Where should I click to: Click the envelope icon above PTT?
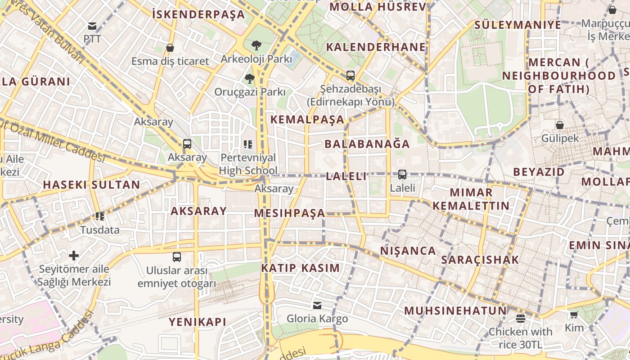pyautogui.click(x=92, y=26)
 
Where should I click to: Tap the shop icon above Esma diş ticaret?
pyautogui.click(x=170, y=48)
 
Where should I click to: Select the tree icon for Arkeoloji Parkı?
pyautogui.click(x=256, y=45)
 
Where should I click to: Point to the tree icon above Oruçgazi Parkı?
pyautogui.click(x=249, y=79)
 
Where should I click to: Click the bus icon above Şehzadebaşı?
pyautogui.click(x=350, y=76)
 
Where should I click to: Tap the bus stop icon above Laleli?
pyautogui.click(x=402, y=174)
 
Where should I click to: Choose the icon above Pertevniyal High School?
pyautogui.click(x=248, y=144)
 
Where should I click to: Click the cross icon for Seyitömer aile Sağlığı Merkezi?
pyautogui.click(x=74, y=256)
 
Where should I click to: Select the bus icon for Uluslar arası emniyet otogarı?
pyautogui.click(x=177, y=257)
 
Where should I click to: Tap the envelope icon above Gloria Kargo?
pyautogui.click(x=317, y=306)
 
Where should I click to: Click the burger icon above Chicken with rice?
pyautogui.click(x=521, y=319)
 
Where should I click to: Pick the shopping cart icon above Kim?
pyautogui.click(x=574, y=315)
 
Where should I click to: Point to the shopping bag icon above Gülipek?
pyautogui.click(x=560, y=125)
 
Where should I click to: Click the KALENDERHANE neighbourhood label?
pyautogui.click(x=376, y=47)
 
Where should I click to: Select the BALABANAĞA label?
pyautogui.click(x=367, y=144)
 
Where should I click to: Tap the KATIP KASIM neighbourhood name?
pyautogui.click(x=301, y=268)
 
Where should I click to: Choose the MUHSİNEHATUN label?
pyautogui.click(x=455, y=310)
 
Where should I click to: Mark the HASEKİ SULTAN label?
pyautogui.click(x=91, y=184)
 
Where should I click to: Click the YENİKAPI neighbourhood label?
pyautogui.click(x=198, y=322)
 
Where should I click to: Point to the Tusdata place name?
pyautogui.click(x=100, y=230)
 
